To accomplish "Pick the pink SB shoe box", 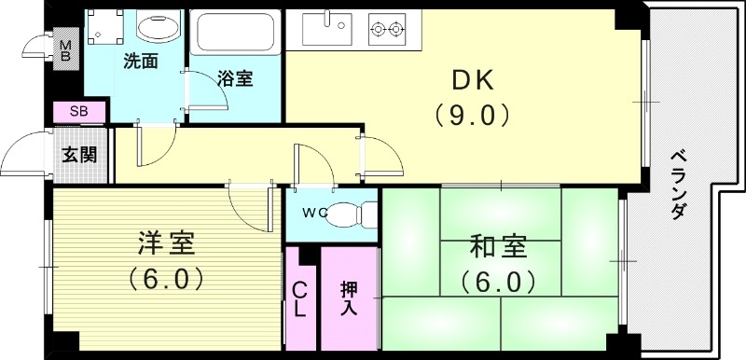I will (x=78, y=112).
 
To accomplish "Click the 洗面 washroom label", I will (x=140, y=62).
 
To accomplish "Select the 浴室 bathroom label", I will (x=234, y=79).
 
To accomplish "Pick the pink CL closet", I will (x=301, y=298).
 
